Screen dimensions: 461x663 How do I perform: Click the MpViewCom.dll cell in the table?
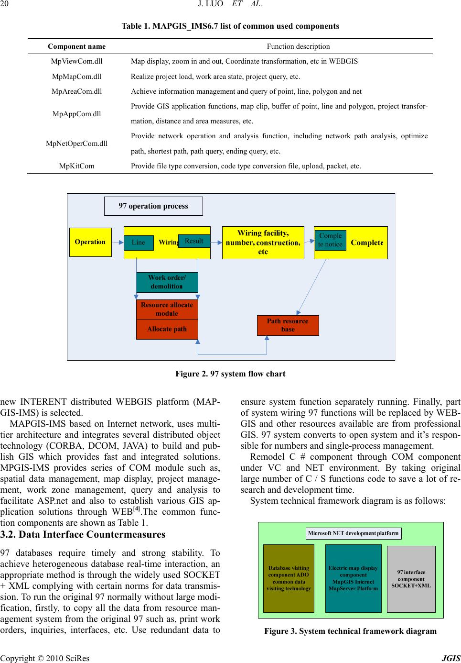(76, 61)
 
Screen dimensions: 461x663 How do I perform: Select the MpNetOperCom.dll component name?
(76, 144)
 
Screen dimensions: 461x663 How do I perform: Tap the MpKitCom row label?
(76, 166)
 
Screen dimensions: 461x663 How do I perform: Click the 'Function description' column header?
(298, 46)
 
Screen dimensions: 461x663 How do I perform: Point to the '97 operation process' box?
(153, 206)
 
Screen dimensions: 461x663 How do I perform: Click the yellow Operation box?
(90, 242)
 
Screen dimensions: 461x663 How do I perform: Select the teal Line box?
(139, 243)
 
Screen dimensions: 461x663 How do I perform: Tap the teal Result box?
(194, 241)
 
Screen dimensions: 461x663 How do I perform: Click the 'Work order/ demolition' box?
(167, 282)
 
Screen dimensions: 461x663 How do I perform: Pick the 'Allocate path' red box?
(167, 329)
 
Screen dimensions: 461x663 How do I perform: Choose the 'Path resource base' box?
(288, 325)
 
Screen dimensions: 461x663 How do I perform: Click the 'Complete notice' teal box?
(330, 240)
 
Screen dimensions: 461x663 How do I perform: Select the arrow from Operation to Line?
(118, 243)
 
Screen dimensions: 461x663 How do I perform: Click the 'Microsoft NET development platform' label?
(354, 533)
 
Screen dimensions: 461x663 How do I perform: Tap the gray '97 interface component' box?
(411, 579)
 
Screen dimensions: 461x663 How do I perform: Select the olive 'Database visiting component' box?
(289, 578)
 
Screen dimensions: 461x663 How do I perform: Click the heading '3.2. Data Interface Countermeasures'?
(83, 534)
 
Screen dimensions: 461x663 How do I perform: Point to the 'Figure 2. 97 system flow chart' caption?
(230, 374)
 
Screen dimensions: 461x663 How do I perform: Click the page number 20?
(4, 4)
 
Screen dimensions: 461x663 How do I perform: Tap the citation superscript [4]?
(136, 509)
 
